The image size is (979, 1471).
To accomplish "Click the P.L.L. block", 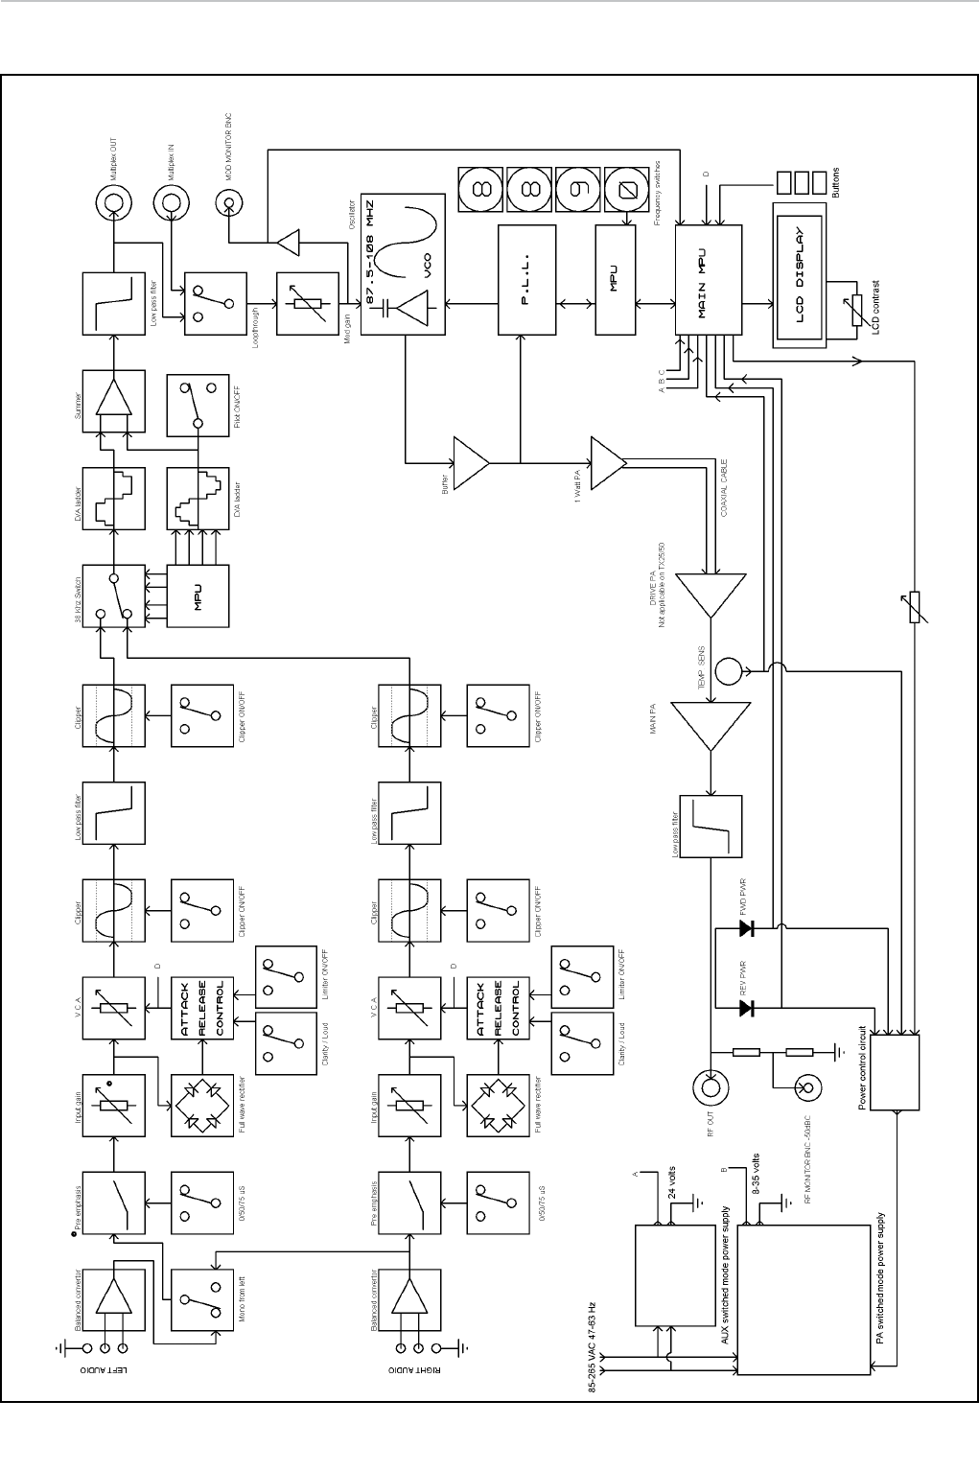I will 526,280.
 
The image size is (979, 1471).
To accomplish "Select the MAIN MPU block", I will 708,280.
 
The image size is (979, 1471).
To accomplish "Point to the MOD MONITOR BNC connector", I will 228,202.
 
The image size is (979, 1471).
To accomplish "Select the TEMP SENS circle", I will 730,669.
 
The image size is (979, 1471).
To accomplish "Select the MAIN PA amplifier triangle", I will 710,726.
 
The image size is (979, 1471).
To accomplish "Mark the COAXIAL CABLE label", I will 725,490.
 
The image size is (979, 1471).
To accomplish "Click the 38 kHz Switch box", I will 113,595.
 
